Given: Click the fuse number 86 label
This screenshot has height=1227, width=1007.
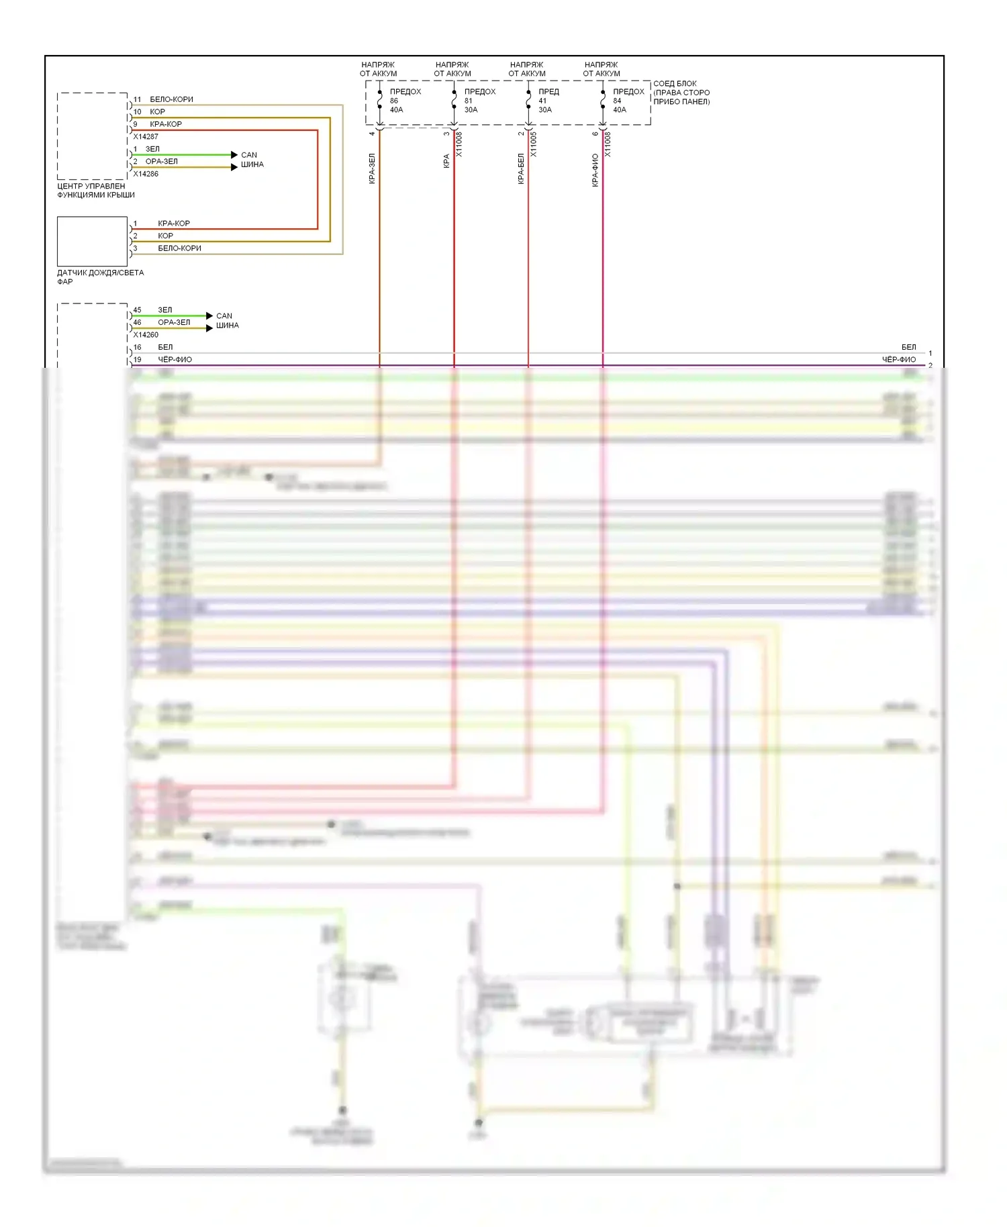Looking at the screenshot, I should click(x=394, y=101).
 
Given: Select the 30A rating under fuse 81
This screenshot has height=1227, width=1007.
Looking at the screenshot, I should click(x=471, y=109).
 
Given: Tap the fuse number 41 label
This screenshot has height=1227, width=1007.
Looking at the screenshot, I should click(x=542, y=101).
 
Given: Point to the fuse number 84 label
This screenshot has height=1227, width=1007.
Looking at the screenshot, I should click(x=617, y=101).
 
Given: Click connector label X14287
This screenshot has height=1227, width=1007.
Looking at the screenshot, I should click(x=146, y=136).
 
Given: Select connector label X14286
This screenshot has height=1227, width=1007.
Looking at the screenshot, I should click(x=146, y=174).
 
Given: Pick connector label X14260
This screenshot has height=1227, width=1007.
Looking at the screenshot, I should click(x=146, y=334).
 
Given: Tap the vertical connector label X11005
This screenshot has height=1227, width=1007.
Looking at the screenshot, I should click(x=534, y=144).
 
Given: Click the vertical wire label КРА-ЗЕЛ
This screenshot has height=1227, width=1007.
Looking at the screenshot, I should click(x=372, y=168).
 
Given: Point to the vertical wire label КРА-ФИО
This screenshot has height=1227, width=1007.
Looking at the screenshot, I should click(x=595, y=170).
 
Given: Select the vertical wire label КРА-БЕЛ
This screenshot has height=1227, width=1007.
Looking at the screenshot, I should click(x=520, y=169).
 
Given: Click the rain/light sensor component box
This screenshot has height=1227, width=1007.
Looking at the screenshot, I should click(x=92, y=241).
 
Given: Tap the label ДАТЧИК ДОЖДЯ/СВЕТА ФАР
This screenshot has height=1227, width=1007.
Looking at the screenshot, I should click(x=100, y=277).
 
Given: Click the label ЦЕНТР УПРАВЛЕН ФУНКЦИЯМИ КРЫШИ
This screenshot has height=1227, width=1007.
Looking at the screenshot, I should click(x=96, y=191).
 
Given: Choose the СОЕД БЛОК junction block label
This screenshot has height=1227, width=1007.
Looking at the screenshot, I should click(x=681, y=93).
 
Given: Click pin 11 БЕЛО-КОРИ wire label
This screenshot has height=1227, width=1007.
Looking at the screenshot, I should click(x=171, y=99).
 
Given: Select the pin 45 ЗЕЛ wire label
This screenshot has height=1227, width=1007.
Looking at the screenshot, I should click(x=165, y=309).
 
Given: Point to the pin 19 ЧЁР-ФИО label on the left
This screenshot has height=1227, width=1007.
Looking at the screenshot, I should click(x=175, y=360).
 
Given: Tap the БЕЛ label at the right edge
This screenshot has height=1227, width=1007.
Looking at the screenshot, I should click(x=908, y=347).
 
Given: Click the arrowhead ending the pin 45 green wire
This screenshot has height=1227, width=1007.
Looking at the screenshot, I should click(x=209, y=315).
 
